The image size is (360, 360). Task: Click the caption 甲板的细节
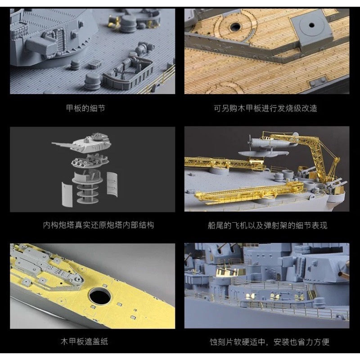point(85,108)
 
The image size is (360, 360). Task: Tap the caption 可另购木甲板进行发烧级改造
point(265,108)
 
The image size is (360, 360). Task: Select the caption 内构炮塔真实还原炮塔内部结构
point(98,225)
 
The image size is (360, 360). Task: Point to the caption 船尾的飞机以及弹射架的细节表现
point(267,225)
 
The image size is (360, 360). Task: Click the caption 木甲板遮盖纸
point(84,342)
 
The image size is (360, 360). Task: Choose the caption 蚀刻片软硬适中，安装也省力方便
point(270,342)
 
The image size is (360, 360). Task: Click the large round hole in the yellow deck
point(100,296)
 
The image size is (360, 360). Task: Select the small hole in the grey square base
point(311,25)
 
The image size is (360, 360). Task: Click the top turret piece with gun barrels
point(83,144)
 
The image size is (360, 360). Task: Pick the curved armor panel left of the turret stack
point(67,194)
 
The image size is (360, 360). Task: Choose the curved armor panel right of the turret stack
point(112,184)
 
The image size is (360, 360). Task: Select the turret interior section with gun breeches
point(90,160)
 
